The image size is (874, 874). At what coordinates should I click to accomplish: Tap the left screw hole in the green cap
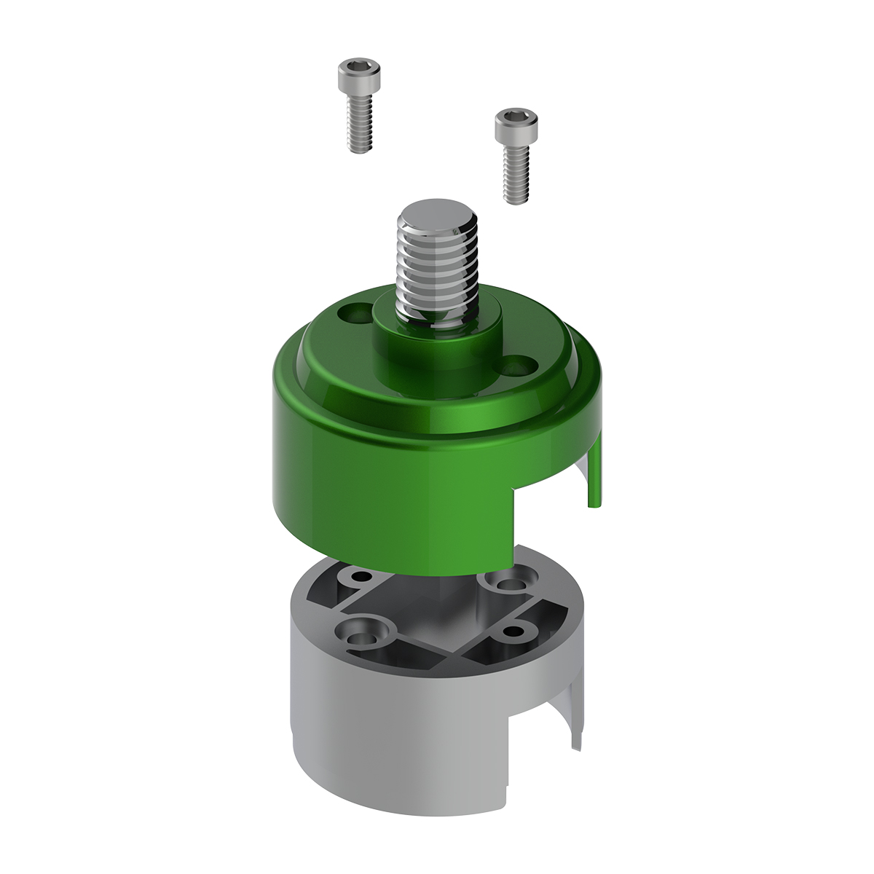[355, 315]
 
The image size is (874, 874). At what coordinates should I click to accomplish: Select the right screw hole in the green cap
[519, 365]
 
